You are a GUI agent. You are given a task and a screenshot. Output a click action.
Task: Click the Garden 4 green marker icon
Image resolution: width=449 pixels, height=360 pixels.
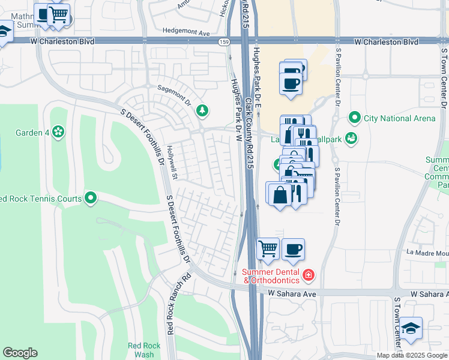[58, 131]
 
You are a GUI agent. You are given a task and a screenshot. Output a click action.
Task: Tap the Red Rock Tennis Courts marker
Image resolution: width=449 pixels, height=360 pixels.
[91, 197]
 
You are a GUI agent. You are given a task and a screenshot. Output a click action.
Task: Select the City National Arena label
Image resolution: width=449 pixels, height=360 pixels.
[399, 118]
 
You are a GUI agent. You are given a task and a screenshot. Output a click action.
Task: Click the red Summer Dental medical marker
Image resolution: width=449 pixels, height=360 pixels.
[309, 275]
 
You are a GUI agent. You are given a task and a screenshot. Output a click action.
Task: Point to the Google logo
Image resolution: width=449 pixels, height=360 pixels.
[20, 353]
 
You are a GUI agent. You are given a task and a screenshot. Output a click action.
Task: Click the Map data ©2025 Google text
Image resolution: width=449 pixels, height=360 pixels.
[412, 355]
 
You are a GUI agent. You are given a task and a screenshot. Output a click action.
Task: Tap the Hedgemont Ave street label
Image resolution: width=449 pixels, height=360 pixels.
[185, 32]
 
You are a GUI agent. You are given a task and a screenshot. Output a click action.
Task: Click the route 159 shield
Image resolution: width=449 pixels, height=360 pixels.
[224, 41]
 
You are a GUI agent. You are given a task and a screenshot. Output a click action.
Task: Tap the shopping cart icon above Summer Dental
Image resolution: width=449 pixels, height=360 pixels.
[268, 248]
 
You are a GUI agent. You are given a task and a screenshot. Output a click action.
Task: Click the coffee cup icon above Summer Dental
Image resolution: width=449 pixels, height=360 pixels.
[292, 248]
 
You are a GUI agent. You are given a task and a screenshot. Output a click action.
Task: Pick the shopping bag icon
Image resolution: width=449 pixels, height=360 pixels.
[280, 194]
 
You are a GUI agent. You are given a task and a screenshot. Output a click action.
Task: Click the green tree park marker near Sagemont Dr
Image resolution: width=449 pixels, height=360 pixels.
[203, 110]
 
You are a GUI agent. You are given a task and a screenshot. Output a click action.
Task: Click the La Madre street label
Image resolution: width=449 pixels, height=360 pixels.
[427, 253]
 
